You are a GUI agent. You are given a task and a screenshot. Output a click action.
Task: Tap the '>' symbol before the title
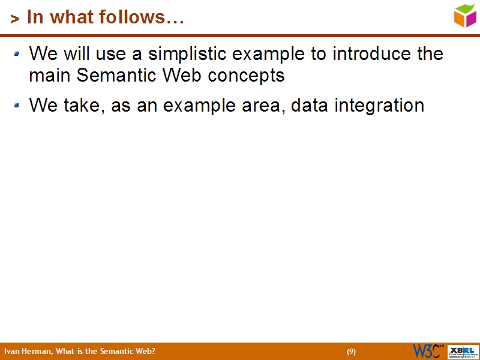pos(15,19)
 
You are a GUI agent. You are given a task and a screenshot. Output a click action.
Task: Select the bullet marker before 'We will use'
pos(17,54)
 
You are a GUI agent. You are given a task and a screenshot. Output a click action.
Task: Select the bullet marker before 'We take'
pos(17,106)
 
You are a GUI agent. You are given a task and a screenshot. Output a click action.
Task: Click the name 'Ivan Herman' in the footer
pos(28,352)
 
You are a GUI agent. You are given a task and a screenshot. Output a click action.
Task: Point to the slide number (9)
pos(351,352)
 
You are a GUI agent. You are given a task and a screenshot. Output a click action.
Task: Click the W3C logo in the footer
pos(428,351)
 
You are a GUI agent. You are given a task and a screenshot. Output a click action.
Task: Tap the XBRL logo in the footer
pos(464,351)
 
